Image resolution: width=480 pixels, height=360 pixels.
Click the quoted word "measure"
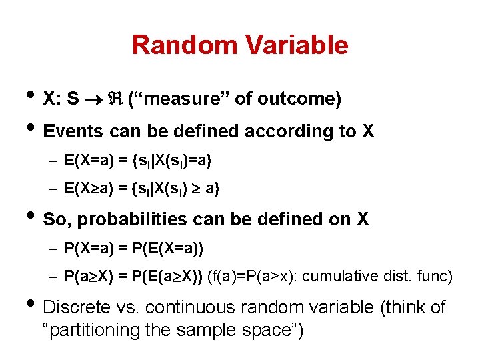coord(179,99)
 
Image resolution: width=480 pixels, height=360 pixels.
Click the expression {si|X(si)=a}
coord(173,161)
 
